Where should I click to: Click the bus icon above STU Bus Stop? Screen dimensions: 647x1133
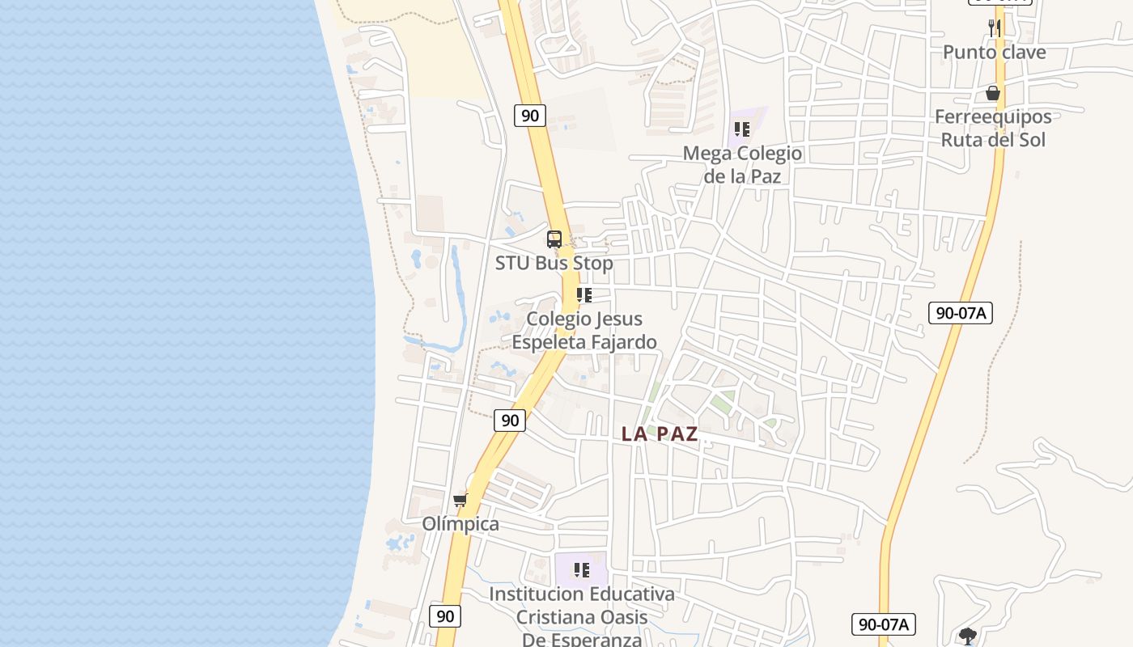click(x=554, y=239)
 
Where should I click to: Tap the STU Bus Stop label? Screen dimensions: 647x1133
click(x=554, y=263)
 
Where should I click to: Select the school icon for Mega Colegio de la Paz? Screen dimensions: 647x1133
click(x=742, y=129)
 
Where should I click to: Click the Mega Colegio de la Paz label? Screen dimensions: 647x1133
click(x=742, y=164)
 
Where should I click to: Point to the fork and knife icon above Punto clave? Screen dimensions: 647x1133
click(x=995, y=27)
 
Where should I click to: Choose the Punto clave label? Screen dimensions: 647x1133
click(x=994, y=53)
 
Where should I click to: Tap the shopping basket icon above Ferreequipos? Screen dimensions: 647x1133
click(x=993, y=94)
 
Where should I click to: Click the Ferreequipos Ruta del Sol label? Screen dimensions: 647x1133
click(x=992, y=128)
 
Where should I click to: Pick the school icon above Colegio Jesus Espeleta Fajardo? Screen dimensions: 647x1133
click(x=583, y=295)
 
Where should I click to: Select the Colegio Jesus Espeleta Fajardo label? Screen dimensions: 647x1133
click(x=583, y=330)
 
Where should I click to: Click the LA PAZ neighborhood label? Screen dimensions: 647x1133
click(x=660, y=433)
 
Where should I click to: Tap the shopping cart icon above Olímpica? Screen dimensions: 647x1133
click(x=460, y=500)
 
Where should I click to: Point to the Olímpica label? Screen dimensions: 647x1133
click(x=460, y=524)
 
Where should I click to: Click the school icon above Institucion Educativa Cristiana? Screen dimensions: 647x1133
click(x=582, y=570)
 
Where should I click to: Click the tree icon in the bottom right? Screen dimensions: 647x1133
click(x=967, y=636)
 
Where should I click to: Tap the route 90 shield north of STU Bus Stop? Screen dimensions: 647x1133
click(x=530, y=116)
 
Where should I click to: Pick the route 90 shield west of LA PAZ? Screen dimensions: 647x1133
click(x=510, y=420)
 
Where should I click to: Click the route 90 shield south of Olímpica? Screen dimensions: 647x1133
click(x=445, y=615)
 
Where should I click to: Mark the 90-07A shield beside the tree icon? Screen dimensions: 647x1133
click(x=884, y=624)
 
